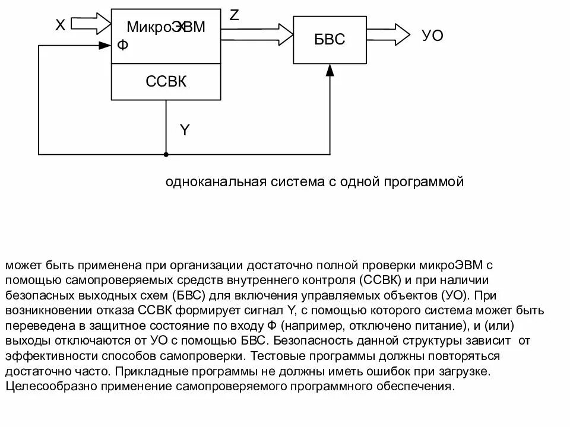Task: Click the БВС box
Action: click(x=328, y=39)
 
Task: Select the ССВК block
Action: click(x=166, y=81)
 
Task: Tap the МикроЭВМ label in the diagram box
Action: click(x=166, y=26)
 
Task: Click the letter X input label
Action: click(x=60, y=25)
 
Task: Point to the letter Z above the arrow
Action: click(x=235, y=15)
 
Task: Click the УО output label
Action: click(x=432, y=36)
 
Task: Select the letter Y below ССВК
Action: click(x=185, y=130)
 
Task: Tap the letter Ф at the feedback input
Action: click(x=122, y=45)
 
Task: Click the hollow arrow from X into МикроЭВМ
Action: click(x=94, y=24)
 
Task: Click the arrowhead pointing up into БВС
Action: click(x=330, y=70)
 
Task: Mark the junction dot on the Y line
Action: click(x=166, y=155)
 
